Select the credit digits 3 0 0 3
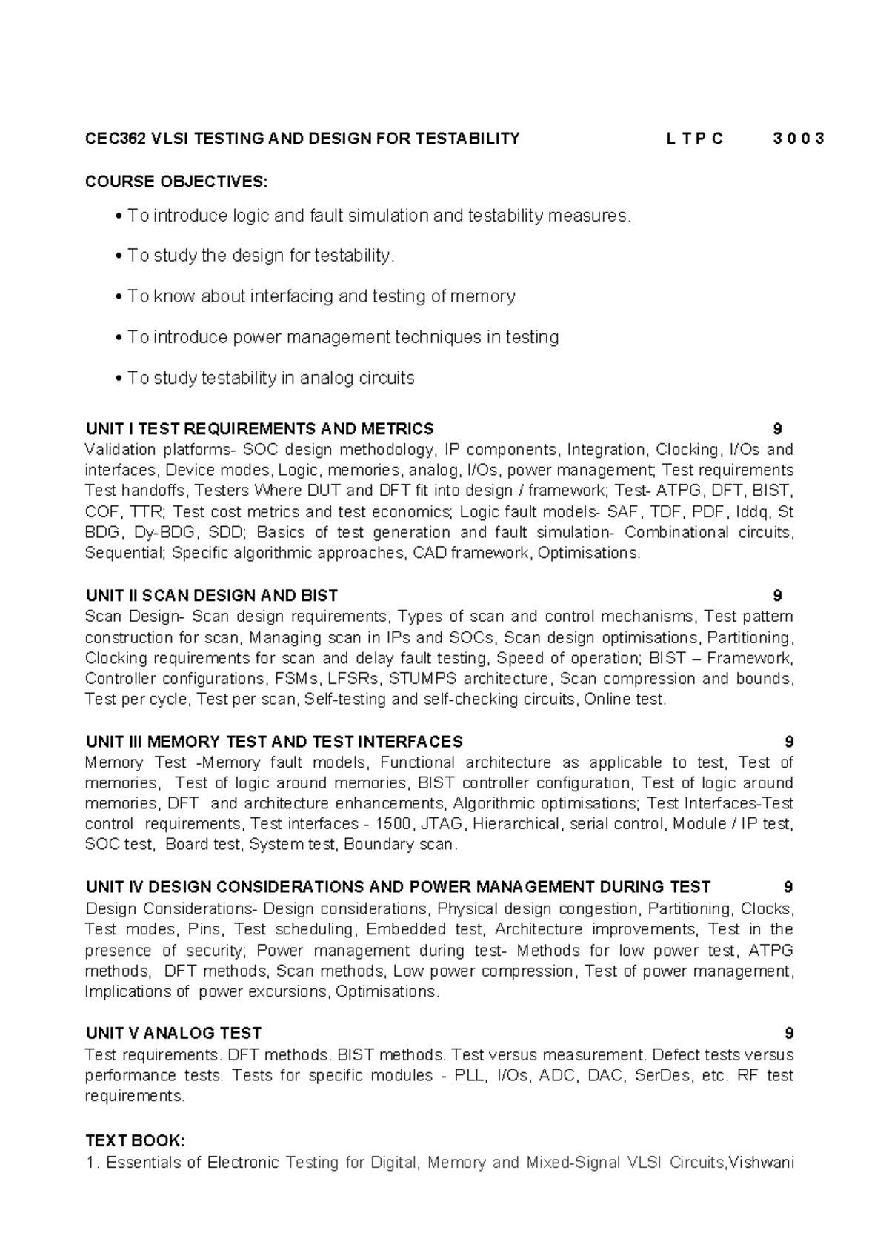(x=798, y=139)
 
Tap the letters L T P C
(x=694, y=139)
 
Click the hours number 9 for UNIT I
(x=777, y=429)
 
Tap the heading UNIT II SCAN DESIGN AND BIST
(x=212, y=596)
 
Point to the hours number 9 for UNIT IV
(x=788, y=887)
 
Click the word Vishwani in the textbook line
(x=761, y=1163)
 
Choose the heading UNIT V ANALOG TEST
(x=174, y=1033)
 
